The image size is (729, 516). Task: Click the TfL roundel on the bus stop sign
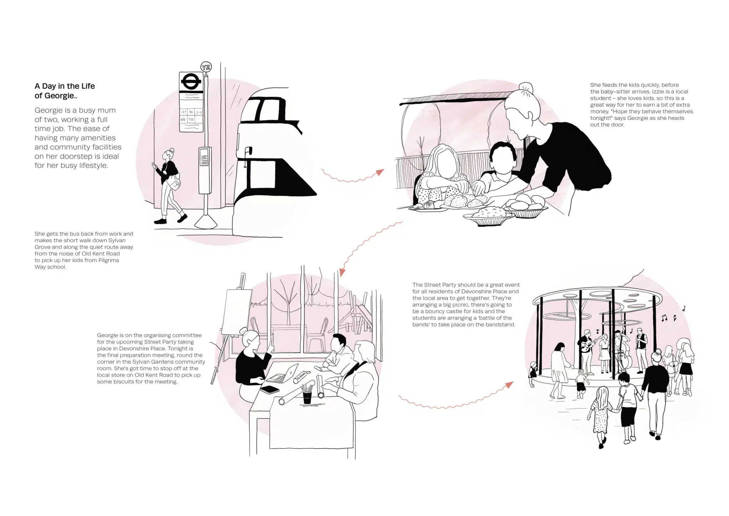tap(191, 82)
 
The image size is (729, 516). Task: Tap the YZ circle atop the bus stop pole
tap(206, 67)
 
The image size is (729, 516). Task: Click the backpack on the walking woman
tap(174, 182)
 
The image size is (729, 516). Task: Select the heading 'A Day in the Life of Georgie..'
tap(65, 91)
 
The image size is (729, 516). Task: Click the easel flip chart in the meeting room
tap(236, 311)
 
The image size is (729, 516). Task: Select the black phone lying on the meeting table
tap(269, 389)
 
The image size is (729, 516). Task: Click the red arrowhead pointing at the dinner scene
tap(380, 172)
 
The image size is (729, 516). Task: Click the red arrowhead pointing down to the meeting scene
tap(342, 273)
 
